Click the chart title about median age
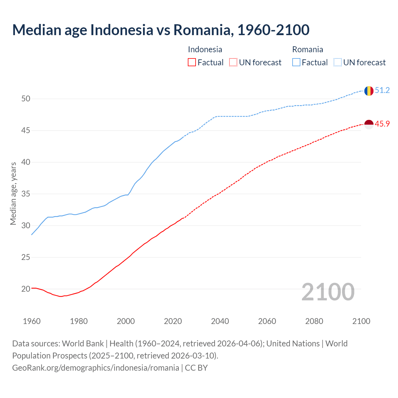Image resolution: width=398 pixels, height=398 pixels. [x=161, y=30]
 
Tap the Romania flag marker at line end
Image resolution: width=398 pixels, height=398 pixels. [x=369, y=91]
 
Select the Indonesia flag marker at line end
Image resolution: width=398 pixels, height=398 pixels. [x=369, y=124]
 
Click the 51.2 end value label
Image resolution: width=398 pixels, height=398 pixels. [x=382, y=90]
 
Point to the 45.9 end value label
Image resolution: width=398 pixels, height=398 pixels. [x=382, y=124]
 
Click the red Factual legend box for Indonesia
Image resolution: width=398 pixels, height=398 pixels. [x=192, y=62]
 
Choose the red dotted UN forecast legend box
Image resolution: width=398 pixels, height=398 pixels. [x=233, y=62]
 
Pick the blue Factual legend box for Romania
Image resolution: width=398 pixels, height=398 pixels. [x=296, y=62]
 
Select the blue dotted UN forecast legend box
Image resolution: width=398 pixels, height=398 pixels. [x=337, y=62]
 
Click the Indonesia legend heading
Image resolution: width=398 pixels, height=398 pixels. [x=205, y=49]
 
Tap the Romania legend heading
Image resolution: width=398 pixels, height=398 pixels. [x=308, y=49]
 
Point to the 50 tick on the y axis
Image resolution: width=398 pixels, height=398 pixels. [x=26, y=99]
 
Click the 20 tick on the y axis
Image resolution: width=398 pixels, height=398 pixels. [x=26, y=289]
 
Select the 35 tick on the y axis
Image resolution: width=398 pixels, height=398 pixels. [x=26, y=194]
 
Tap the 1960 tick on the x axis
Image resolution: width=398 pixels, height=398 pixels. [x=32, y=321]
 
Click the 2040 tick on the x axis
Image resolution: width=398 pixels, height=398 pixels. [x=220, y=321]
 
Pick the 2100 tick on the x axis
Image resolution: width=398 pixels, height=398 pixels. [x=361, y=321]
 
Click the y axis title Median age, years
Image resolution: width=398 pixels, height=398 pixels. [x=13, y=193]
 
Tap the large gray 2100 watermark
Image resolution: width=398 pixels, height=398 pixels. [x=328, y=292]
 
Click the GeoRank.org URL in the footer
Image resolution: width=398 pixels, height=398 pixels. [x=95, y=368]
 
